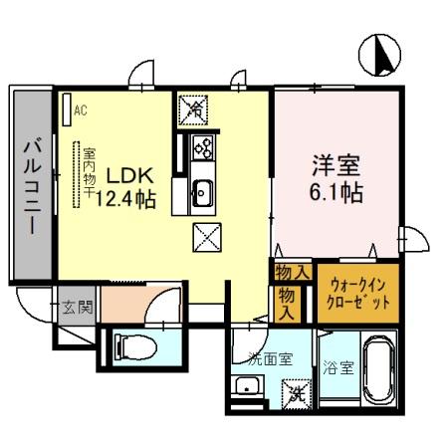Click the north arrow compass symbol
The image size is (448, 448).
pyautogui.click(x=382, y=55)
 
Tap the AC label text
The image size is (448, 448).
pyautogui.click(x=82, y=110)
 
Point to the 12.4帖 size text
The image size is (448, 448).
pyautogui.click(x=125, y=199)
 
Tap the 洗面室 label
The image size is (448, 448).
pyautogui.click(x=270, y=359)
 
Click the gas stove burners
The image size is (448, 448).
pyautogui.click(x=202, y=148)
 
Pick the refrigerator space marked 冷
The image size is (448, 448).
pyautogui.click(x=192, y=107)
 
